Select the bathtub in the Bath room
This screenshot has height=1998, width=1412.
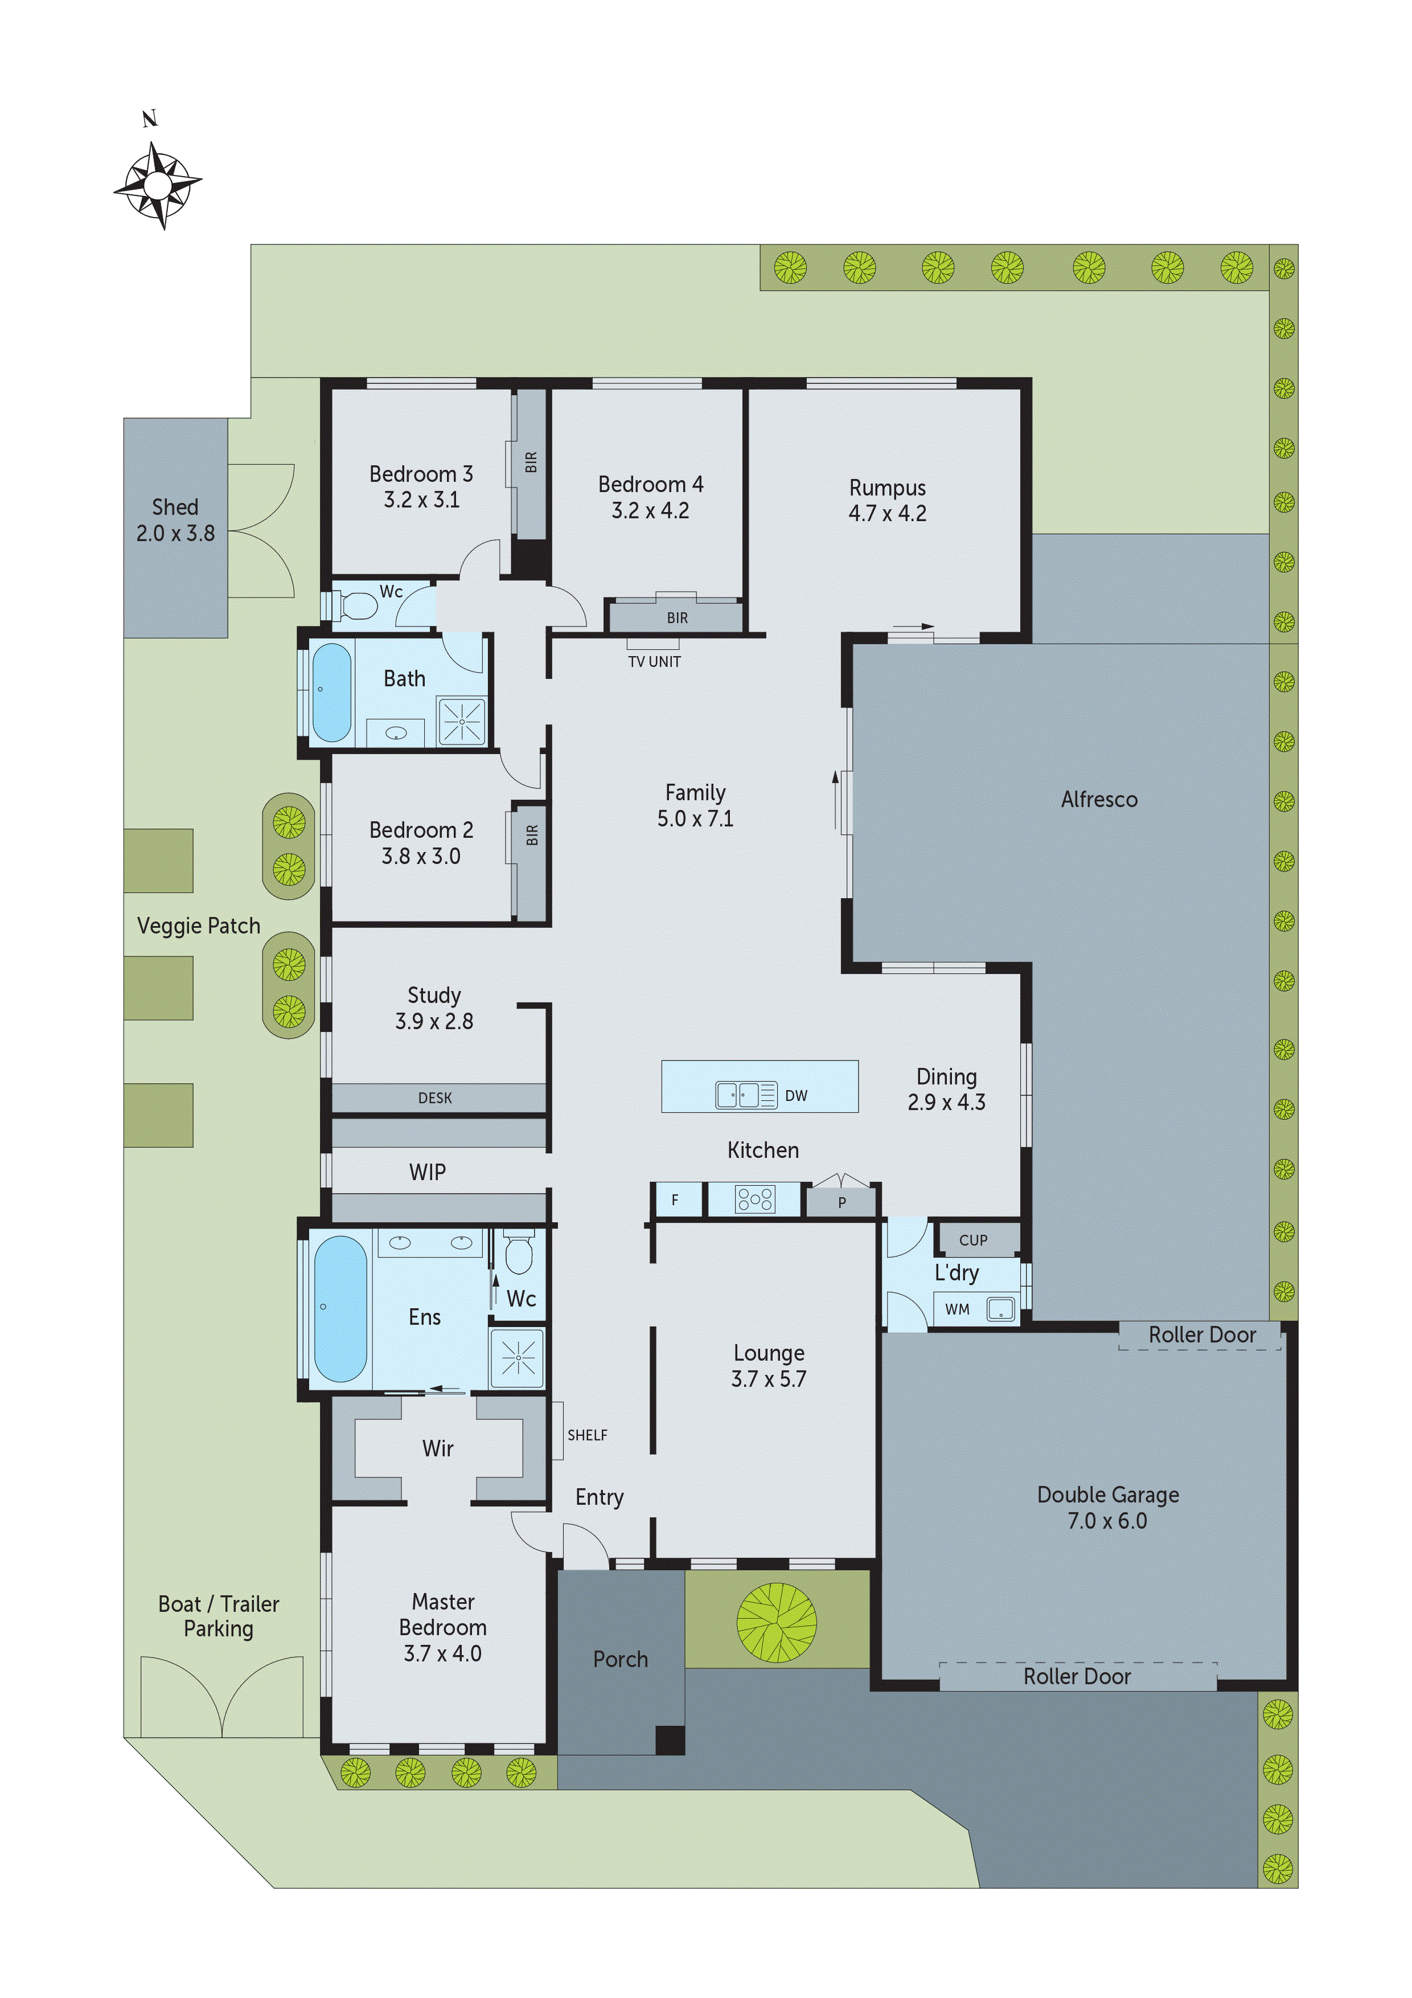(x=331, y=693)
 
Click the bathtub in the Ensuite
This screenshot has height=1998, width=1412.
(x=340, y=1308)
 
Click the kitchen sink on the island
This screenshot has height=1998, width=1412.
(x=737, y=1095)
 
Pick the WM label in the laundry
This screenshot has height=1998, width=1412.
(x=957, y=1309)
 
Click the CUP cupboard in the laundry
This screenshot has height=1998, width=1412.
(x=972, y=1240)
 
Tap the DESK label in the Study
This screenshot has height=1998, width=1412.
(x=435, y=1098)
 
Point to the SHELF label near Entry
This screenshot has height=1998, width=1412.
(x=587, y=1435)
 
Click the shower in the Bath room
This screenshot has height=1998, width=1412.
(x=461, y=722)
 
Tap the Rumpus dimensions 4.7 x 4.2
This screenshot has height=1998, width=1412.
(x=888, y=513)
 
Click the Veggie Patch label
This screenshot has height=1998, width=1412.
(x=198, y=926)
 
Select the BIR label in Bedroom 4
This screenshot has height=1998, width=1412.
(x=677, y=618)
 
